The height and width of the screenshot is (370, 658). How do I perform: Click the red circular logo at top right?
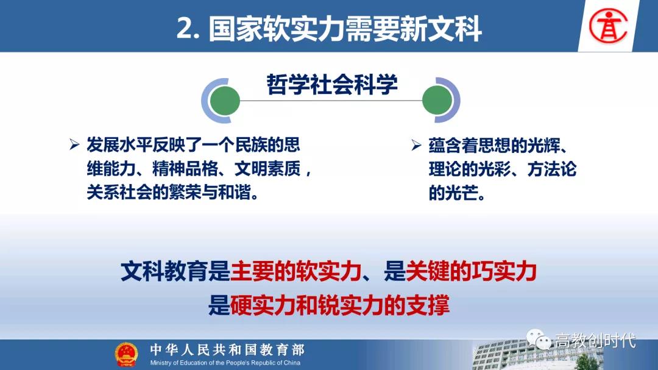(608, 26)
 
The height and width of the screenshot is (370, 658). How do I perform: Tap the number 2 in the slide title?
(185, 29)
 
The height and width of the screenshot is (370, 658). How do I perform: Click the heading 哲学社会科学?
(332, 84)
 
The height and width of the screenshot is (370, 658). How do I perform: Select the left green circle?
(225, 101)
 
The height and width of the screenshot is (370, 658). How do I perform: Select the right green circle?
(437, 101)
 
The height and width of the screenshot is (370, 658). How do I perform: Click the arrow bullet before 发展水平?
(75, 145)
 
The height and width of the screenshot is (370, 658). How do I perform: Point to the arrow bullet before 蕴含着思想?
(416, 145)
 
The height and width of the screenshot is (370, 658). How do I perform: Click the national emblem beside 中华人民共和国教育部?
(126, 354)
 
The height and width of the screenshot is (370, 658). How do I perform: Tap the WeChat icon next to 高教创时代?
(539, 339)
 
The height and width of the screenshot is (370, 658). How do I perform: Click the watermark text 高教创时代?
(595, 340)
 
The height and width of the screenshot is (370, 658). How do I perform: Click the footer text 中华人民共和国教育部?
(227, 349)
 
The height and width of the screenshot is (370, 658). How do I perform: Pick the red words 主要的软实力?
(296, 271)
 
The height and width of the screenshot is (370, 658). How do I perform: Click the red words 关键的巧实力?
(471, 271)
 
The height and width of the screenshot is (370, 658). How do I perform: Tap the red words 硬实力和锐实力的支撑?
(340, 305)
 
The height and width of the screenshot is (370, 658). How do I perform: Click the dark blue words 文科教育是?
(175, 271)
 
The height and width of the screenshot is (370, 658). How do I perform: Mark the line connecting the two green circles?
(331, 101)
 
